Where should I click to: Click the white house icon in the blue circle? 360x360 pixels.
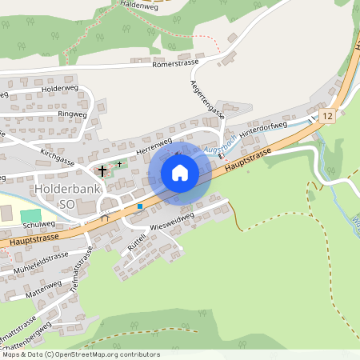180,173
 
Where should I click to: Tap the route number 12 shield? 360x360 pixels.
327,117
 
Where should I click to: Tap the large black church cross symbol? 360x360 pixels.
102,170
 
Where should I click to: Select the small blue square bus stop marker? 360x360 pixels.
140,206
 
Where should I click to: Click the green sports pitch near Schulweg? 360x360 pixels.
30,216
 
